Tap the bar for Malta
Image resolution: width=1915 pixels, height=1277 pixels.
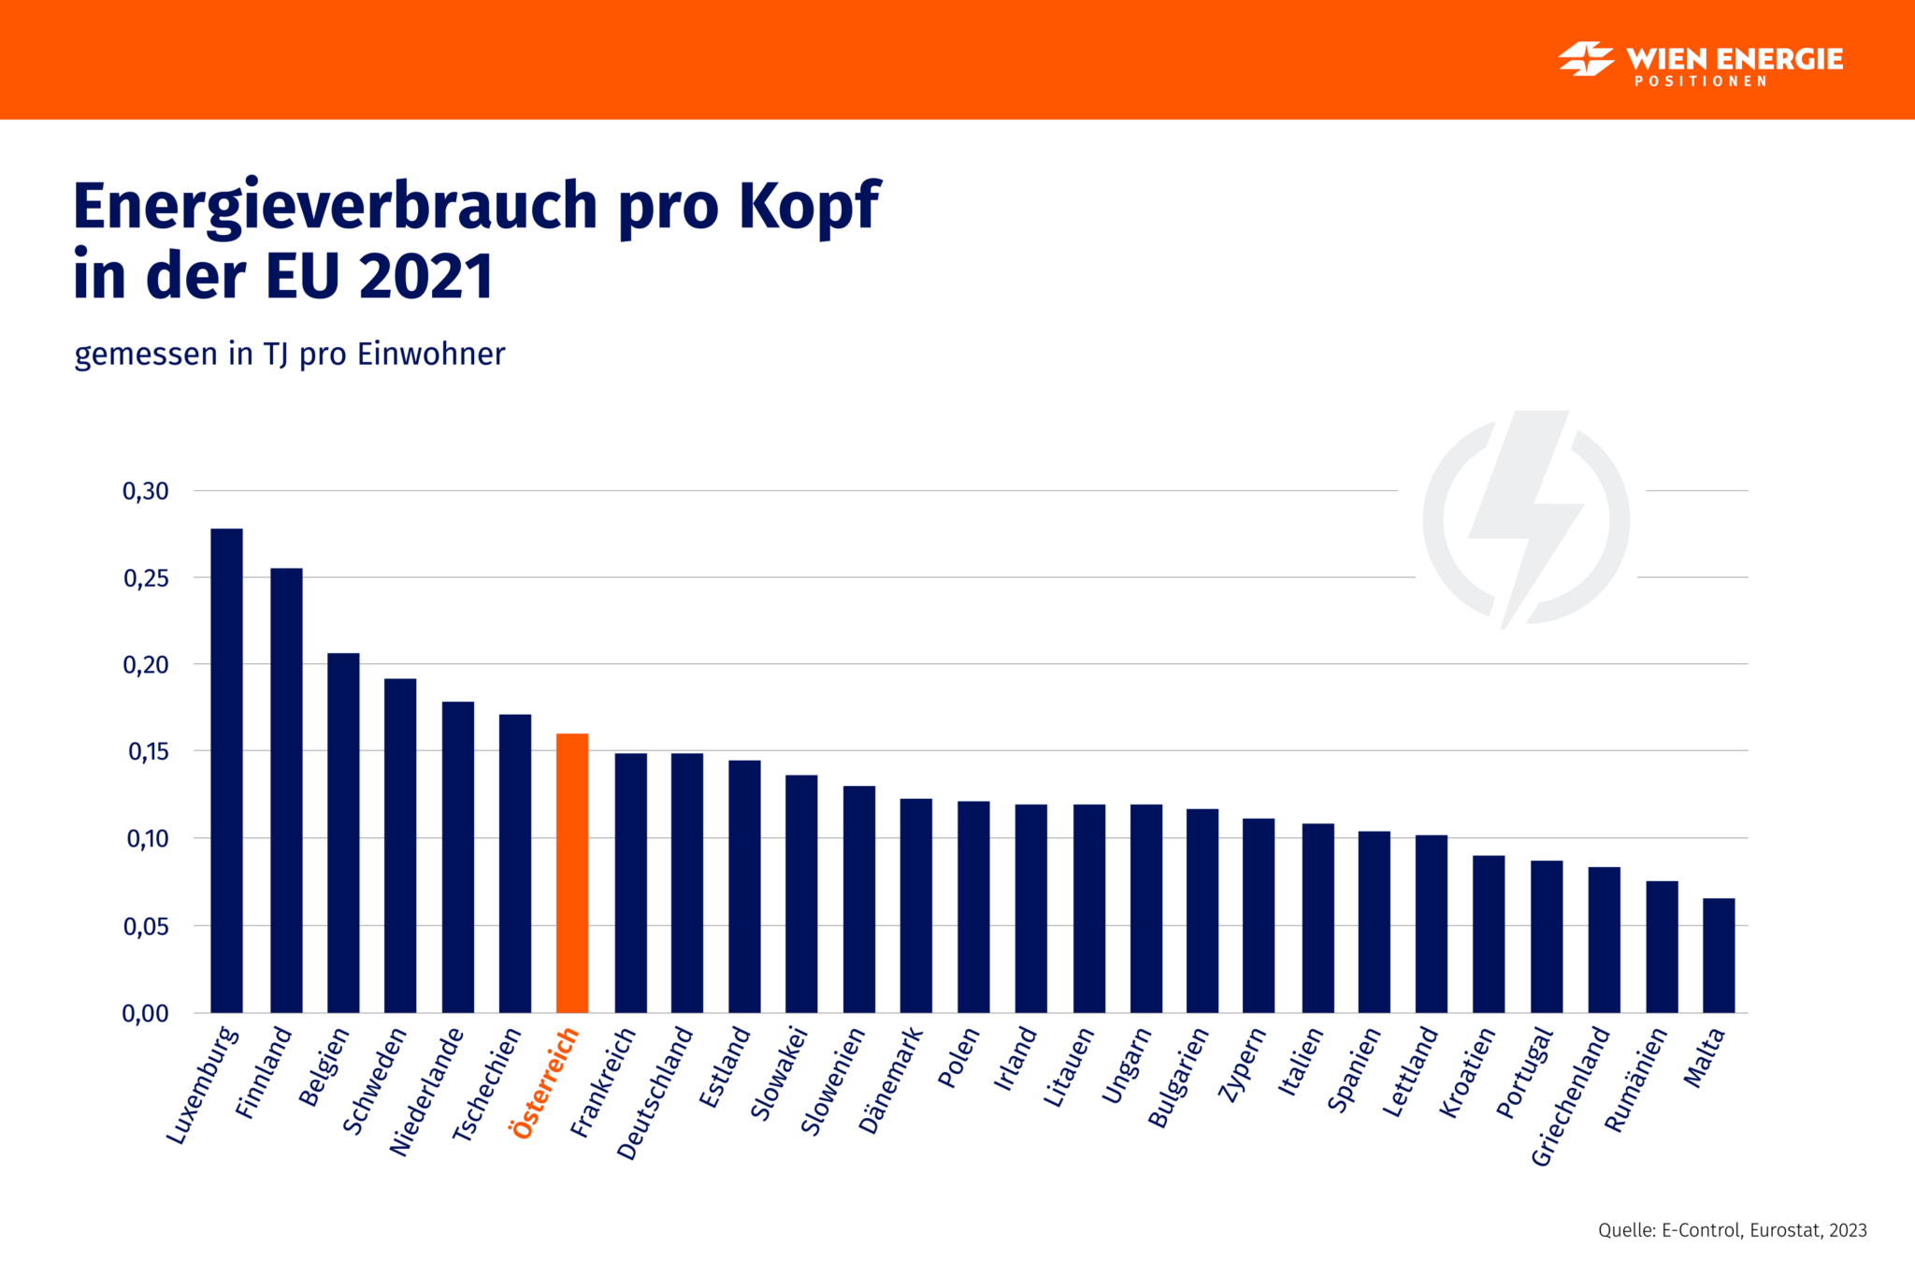click(x=1719, y=955)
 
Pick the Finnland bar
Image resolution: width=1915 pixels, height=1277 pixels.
click(x=286, y=790)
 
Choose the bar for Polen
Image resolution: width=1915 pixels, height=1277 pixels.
click(x=973, y=907)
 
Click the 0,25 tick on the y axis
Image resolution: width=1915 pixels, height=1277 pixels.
click(x=146, y=578)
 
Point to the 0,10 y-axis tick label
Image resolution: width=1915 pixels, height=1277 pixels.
click(x=146, y=839)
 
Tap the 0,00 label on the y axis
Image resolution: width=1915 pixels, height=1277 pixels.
click(x=146, y=1013)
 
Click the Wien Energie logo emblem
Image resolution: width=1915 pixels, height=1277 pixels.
click(x=1585, y=59)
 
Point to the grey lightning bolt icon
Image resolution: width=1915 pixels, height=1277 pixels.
click(x=1526, y=519)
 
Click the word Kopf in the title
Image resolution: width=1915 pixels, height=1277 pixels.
click(x=810, y=205)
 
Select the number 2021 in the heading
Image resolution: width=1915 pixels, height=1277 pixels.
click(x=426, y=277)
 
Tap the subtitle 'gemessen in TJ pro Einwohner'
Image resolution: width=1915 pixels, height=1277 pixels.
click(x=290, y=355)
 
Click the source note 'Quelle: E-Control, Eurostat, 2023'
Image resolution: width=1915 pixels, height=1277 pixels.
click(x=1732, y=1230)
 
